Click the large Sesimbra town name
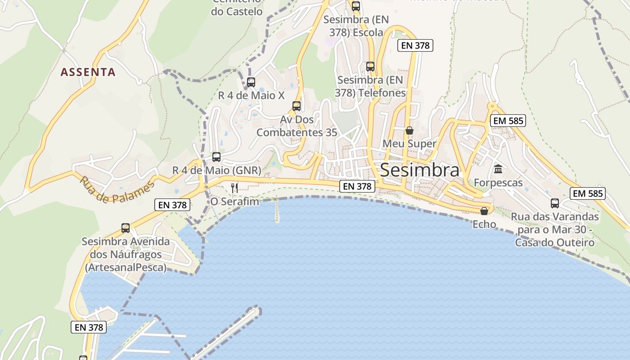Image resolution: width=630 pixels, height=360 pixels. (419, 170)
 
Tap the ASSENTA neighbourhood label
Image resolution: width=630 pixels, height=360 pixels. (88, 72)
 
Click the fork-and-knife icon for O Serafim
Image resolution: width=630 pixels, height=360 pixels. (234, 188)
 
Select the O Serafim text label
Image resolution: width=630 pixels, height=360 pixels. (235, 202)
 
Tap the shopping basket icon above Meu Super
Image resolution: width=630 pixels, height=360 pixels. (409, 130)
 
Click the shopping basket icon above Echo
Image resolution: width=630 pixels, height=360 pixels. (484, 211)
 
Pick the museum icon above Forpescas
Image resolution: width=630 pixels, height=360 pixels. (498, 169)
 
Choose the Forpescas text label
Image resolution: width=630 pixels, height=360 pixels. (498, 183)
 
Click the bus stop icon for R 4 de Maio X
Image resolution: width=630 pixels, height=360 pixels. (251, 82)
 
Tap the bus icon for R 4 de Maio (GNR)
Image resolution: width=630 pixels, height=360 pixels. (216, 157)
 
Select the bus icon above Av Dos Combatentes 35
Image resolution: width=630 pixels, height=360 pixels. (296, 106)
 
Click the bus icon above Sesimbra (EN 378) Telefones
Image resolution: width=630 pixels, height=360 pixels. (370, 67)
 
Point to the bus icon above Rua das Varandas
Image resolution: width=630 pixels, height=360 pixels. (555, 203)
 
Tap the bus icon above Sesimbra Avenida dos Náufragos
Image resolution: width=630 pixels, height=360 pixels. (126, 228)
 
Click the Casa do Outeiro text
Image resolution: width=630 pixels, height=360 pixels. (555, 243)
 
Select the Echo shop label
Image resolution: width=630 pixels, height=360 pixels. (484, 224)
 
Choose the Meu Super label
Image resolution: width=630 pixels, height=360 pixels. (409, 144)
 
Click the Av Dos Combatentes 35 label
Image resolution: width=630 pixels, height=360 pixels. (297, 126)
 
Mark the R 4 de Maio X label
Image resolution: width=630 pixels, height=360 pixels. (252, 95)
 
